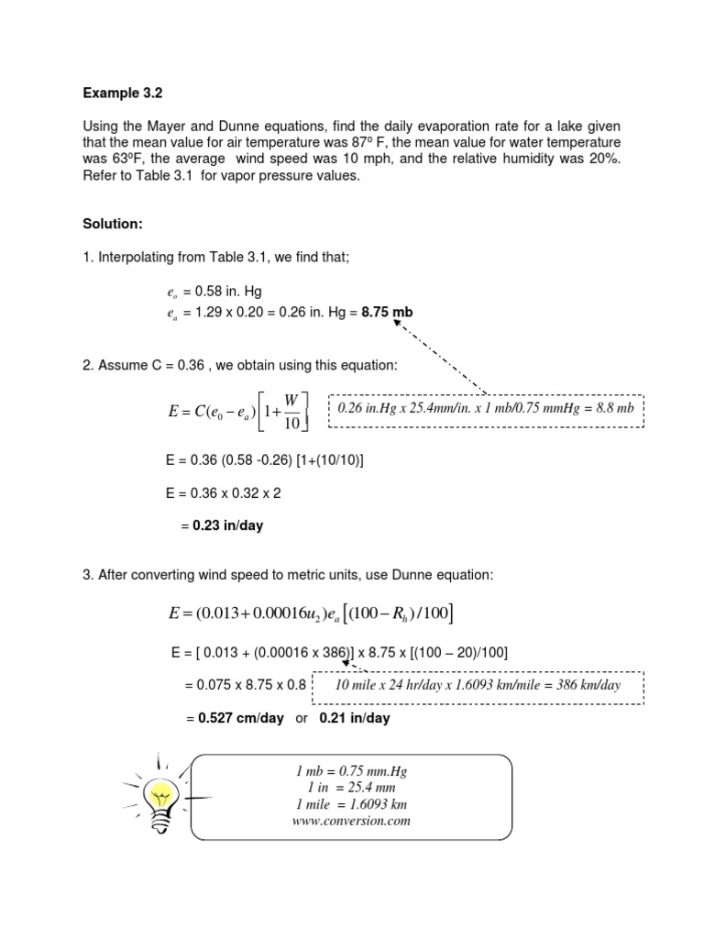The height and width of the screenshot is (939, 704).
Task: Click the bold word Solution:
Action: point(113,224)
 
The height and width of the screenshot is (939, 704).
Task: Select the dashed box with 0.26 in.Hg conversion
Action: point(486,408)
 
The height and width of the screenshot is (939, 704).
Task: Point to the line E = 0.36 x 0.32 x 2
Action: point(220,492)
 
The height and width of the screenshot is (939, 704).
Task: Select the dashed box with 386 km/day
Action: point(478,685)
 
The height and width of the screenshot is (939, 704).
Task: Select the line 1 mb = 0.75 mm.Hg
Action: point(345,771)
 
